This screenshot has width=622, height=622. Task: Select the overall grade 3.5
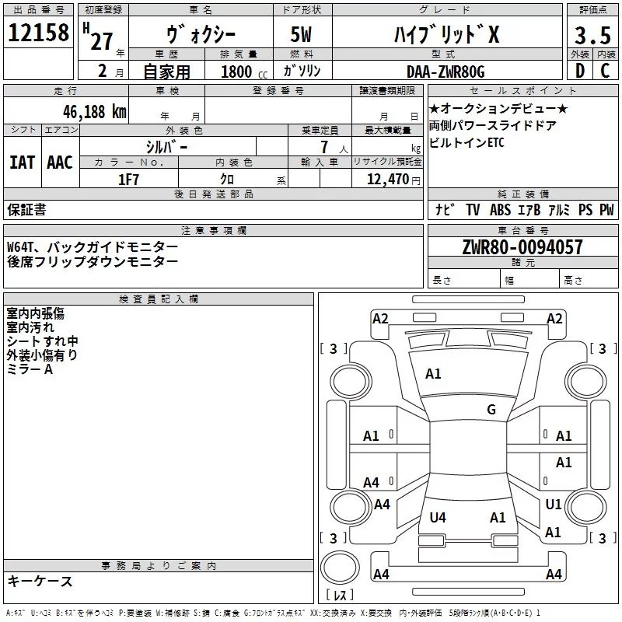point(591,36)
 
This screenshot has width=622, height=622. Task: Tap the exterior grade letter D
point(579,71)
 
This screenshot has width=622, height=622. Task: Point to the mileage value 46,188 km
point(89,111)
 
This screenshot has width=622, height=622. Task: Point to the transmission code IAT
point(22,162)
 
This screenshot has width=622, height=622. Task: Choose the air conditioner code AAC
point(59,162)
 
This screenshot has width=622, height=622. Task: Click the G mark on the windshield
point(491,410)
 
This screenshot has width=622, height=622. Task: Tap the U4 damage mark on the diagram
point(438,517)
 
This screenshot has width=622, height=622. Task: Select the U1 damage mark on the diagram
point(553,505)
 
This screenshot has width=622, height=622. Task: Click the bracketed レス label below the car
point(340,596)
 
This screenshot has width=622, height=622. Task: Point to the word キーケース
point(40,582)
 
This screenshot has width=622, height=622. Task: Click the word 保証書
point(26,210)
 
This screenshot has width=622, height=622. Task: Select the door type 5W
point(303,36)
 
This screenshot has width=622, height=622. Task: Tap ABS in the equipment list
point(500,210)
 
